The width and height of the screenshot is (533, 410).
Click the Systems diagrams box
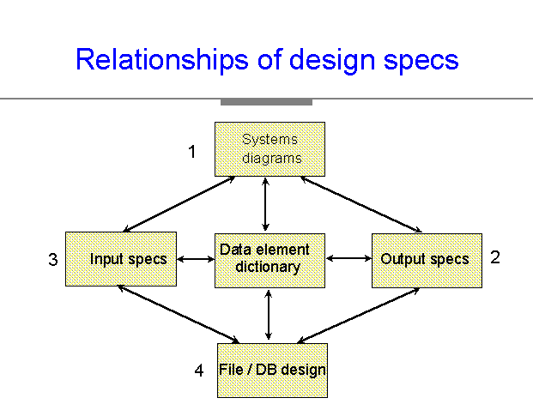(270, 149)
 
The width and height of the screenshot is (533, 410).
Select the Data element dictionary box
(270, 261)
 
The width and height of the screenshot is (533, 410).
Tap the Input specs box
(121, 259)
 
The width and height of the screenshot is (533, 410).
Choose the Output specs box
(427, 261)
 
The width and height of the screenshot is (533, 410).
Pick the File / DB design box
(273, 371)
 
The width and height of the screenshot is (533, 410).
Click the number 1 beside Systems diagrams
(192, 152)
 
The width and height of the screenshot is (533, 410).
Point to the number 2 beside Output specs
(495, 257)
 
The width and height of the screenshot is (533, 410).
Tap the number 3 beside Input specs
(53, 260)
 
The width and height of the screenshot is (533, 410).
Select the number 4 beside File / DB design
(199, 371)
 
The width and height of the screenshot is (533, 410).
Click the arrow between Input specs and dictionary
(196, 259)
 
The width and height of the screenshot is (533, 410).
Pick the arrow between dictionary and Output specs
(348, 258)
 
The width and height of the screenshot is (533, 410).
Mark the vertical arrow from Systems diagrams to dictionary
(266, 204)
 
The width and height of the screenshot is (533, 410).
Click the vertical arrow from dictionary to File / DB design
(269, 316)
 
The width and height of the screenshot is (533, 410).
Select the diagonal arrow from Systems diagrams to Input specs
(179, 204)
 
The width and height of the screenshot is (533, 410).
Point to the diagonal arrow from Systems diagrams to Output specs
(361, 204)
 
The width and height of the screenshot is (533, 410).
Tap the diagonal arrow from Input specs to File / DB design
(179, 314)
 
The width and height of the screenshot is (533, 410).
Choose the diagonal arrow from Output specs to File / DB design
(358, 316)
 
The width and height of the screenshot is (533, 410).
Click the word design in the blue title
(332, 60)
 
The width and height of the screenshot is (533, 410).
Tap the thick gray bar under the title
(266, 102)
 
